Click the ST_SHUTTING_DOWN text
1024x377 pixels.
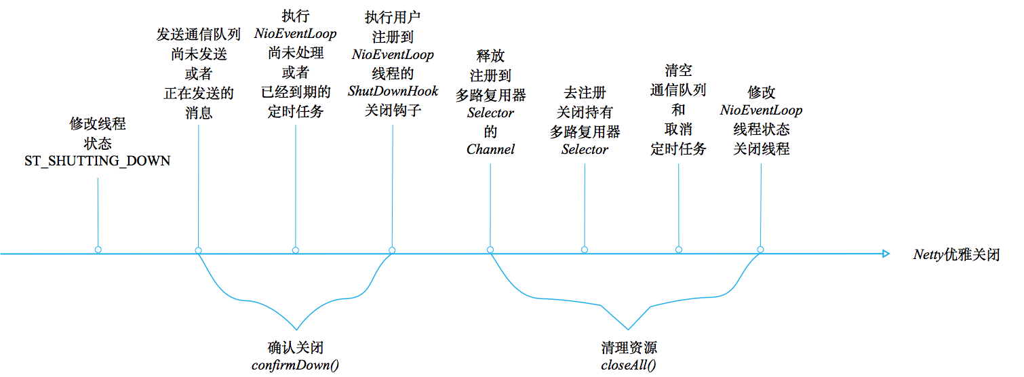(x=98, y=161)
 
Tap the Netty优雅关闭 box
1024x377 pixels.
(x=956, y=255)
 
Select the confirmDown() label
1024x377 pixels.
(x=295, y=365)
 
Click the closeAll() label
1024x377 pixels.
(x=628, y=365)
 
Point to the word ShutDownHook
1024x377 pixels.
(x=393, y=91)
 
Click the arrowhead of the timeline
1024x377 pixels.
(x=886, y=254)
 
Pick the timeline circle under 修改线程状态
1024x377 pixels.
(x=98, y=250)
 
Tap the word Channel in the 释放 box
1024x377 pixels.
(x=490, y=149)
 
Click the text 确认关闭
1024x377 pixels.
(x=295, y=347)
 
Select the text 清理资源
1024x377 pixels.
(x=628, y=347)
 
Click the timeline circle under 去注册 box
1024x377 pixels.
(x=584, y=250)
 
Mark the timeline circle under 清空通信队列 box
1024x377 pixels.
(x=679, y=250)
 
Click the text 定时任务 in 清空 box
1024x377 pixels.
(x=679, y=148)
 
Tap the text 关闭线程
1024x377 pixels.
(x=761, y=148)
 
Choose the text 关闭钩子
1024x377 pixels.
(x=393, y=110)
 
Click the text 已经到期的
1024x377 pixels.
(x=296, y=91)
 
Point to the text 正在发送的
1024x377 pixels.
(x=199, y=93)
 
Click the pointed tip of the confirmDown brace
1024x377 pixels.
(x=296, y=330)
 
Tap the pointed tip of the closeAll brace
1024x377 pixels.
(x=628, y=330)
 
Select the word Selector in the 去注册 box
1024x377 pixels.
(x=585, y=149)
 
